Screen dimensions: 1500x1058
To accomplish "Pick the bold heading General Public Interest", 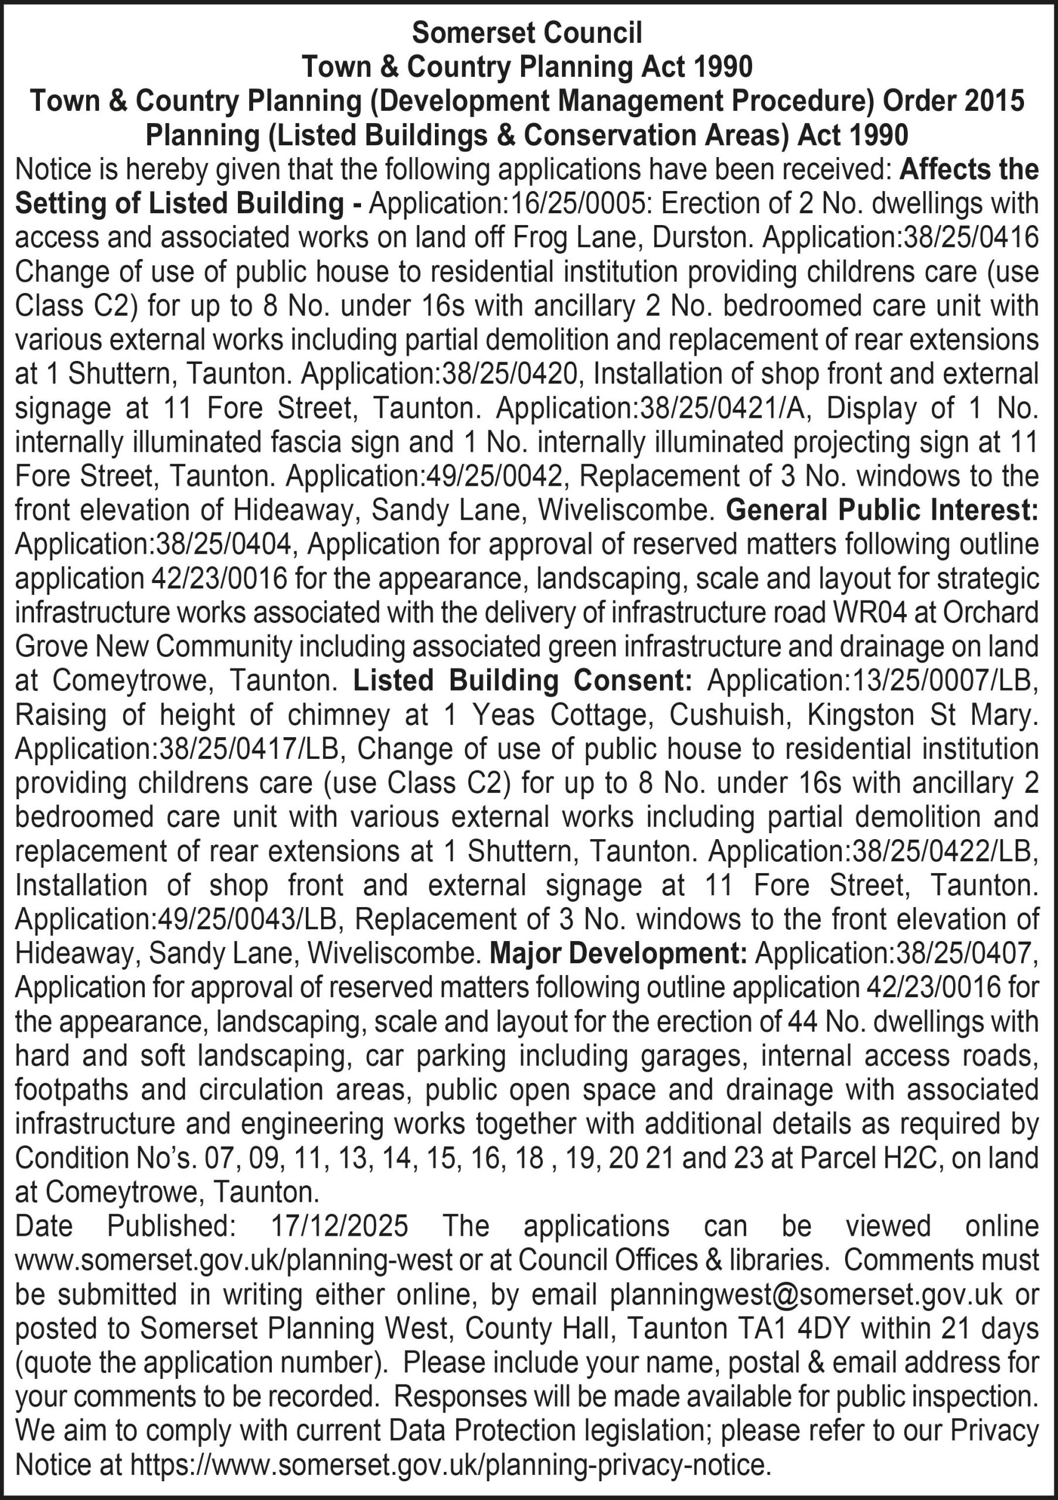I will (x=882, y=510).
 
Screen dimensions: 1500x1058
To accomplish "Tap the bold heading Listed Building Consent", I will (x=522, y=681).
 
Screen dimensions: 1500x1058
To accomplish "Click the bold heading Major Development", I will (x=618, y=953).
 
